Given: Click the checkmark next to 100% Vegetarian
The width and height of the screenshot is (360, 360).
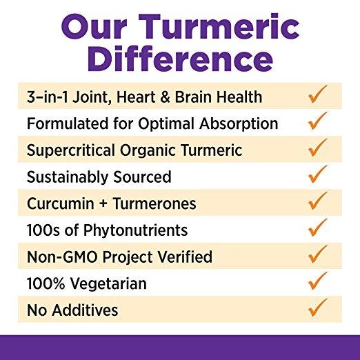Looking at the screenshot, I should tap(317, 281).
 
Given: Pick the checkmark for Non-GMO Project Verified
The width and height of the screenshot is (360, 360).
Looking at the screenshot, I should tap(317, 254).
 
